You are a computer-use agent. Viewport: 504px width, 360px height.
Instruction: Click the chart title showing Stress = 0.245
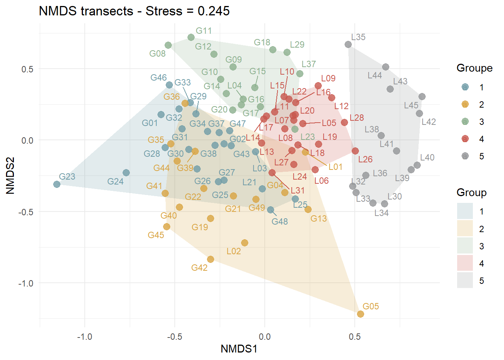134,11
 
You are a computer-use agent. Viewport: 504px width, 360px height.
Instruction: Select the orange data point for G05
360,314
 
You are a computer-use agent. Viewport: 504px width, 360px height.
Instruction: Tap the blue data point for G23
57,184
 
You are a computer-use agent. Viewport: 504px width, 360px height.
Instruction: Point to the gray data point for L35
348,45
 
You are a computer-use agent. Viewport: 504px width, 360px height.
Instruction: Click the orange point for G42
210,259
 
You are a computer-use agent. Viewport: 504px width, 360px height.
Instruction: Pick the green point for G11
191,37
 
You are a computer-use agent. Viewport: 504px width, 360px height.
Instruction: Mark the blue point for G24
126,173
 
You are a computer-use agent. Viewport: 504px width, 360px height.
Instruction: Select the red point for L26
355,151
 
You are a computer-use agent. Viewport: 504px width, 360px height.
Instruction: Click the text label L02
234,251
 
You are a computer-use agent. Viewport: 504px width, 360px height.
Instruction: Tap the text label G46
158,78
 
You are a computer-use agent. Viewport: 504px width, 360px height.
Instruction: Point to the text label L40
427,157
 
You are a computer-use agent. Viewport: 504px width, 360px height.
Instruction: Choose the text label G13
318,219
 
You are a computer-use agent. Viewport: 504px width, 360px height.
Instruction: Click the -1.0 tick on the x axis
84,337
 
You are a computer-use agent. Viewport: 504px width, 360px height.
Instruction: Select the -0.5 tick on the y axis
26,212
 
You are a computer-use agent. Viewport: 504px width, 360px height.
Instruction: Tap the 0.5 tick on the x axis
354,337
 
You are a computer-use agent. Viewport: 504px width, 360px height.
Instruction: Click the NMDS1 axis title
239,349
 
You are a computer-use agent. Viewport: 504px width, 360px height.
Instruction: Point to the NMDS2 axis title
10,175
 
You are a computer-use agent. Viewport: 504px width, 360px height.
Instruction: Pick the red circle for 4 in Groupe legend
465,139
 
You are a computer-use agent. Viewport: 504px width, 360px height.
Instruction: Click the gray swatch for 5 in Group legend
465,280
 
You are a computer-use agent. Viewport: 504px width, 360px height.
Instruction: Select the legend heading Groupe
474,68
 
